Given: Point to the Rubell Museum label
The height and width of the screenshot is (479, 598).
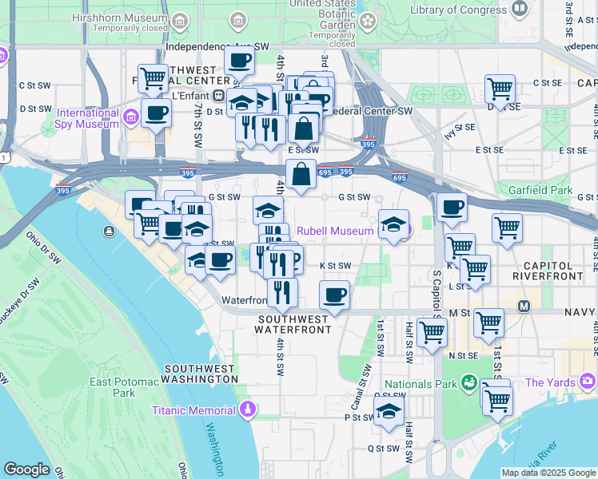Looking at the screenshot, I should tap(334, 231).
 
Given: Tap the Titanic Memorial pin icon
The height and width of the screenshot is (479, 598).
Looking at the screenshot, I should tap(248, 410).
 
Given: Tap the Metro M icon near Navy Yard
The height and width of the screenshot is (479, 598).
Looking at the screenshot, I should tap(524, 306).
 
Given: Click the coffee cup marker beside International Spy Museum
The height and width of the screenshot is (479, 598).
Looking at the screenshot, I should tap(156, 113).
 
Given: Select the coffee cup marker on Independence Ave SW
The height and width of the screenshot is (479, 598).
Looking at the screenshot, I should tap(239, 59).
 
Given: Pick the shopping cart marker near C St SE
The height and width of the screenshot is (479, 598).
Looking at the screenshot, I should tap(500, 89).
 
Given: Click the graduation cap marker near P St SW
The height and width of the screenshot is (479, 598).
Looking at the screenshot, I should tap(388, 412).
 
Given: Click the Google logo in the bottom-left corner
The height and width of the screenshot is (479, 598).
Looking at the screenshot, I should tap(26, 469).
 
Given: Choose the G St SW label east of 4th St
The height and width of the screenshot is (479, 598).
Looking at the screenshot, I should tap(354, 196).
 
